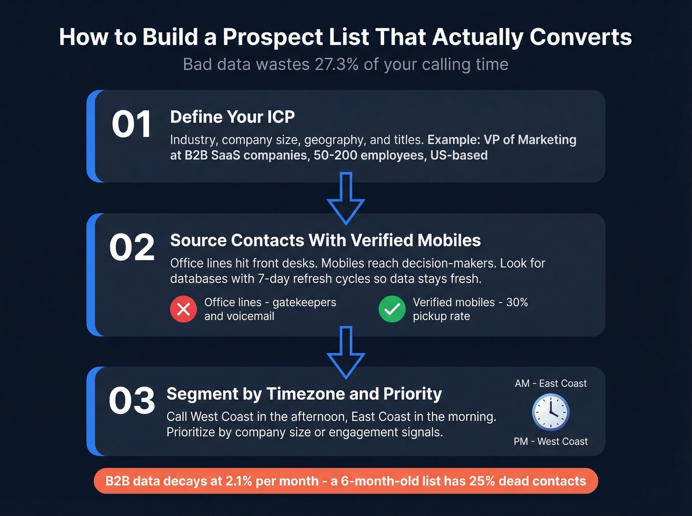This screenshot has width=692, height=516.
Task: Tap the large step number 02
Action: (x=132, y=247)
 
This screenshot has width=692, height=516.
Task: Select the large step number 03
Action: (x=132, y=400)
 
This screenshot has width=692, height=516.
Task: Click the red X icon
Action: (x=183, y=309)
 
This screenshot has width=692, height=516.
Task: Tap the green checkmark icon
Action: (x=392, y=309)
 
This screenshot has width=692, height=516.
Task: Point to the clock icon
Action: (x=551, y=412)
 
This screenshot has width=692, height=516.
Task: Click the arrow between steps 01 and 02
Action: (x=346, y=198)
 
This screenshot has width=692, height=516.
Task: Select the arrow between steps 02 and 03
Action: (x=346, y=352)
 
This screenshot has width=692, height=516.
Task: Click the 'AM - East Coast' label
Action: (x=551, y=384)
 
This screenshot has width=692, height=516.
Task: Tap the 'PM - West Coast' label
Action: (x=551, y=441)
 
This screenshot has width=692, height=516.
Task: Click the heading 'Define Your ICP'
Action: (x=232, y=117)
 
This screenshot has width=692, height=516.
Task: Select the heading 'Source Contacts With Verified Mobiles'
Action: (x=325, y=240)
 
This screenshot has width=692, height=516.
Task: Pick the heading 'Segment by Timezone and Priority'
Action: (x=304, y=394)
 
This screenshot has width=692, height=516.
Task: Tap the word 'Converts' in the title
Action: (x=581, y=37)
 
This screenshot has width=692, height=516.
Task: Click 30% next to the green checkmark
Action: (x=517, y=302)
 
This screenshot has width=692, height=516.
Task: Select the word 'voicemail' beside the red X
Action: (x=250, y=317)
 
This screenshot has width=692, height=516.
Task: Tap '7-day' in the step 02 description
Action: (x=274, y=279)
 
